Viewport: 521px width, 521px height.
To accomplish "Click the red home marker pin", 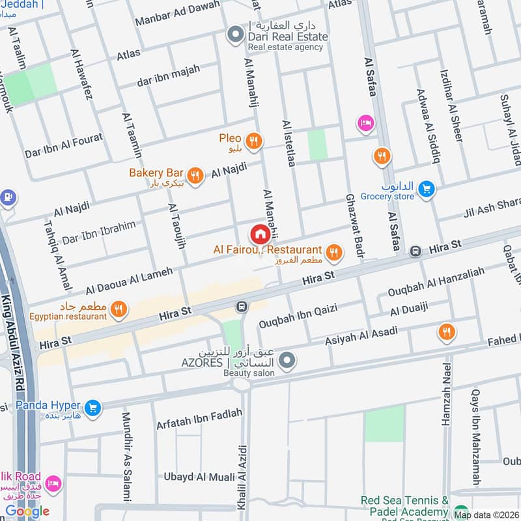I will click(x=259, y=234).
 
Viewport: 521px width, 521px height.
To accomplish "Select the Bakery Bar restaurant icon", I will click(x=194, y=174).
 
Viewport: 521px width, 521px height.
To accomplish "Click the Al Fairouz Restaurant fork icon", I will click(x=333, y=251).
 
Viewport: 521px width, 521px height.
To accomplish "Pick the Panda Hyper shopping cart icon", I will click(x=93, y=408).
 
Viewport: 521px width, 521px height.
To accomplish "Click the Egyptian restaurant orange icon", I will click(x=118, y=309).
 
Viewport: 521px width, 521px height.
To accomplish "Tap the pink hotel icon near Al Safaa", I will click(x=365, y=122).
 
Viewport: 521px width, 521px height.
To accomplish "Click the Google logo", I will click(x=27, y=511).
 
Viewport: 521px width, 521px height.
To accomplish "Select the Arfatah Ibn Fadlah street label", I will click(x=199, y=419).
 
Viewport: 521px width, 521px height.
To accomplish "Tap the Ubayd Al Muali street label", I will click(x=199, y=477).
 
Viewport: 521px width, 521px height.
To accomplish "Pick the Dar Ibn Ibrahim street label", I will click(x=98, y=232).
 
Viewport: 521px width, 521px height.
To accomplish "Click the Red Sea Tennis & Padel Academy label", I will click(x=405, y=506).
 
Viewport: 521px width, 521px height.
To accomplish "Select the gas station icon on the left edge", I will click(x=7, y=197).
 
